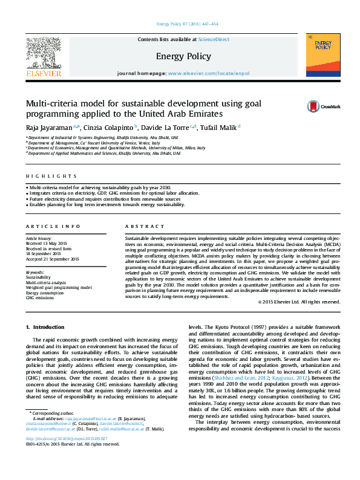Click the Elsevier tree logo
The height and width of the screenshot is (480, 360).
[x=43, y=53]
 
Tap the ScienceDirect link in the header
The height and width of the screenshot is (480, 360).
[x=214, y=39]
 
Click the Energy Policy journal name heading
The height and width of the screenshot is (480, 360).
[x=183, y=57]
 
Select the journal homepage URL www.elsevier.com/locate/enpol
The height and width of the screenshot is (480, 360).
[x=208, y=73]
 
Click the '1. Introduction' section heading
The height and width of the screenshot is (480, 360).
[x=44, y=327]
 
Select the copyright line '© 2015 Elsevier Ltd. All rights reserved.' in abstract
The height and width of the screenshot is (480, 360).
[x=299, y=301]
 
